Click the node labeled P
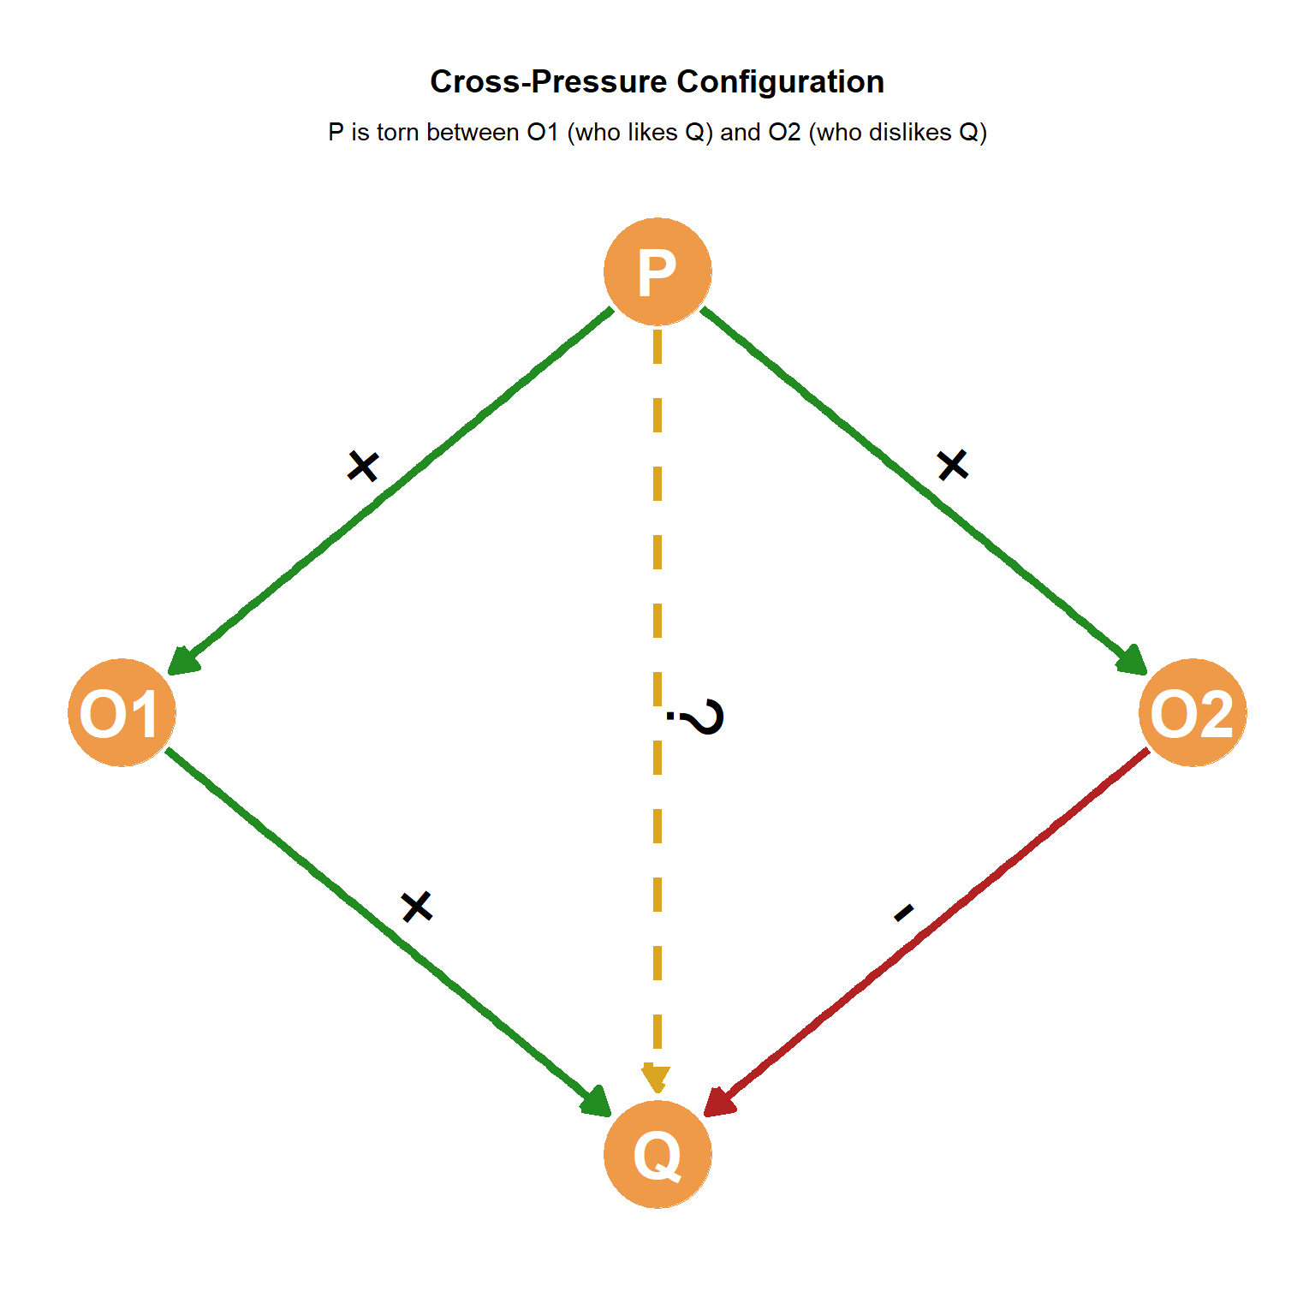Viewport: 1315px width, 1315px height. click(657, 271)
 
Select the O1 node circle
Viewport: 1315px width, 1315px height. click(122, 712)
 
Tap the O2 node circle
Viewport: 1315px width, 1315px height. click(1193, 712)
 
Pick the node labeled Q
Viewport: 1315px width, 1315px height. click(657, 1154)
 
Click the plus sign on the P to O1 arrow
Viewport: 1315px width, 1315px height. click(363, 467)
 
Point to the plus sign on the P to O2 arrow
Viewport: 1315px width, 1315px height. click(952, 465)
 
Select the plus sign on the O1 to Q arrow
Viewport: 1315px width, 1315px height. click(417, 906)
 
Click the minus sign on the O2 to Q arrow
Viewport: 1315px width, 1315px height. click(904, 913)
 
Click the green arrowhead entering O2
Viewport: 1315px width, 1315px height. click(1132, 661)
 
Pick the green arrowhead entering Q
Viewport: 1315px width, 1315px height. click(596, 1103)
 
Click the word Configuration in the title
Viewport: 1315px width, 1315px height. click(780, 82)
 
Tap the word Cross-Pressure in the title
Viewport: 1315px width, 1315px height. click(548, 82)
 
